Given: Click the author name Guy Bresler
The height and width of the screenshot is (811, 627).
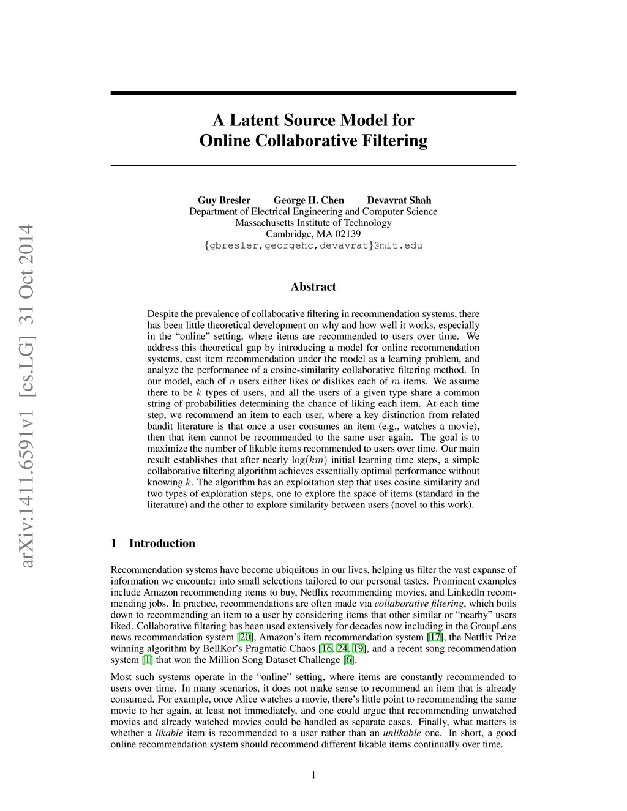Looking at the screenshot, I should (x=223, y=200).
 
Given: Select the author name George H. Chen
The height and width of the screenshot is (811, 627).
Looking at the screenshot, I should (x=309, y=200).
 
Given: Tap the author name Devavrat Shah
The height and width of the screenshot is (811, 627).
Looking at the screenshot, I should (x=399, y=200).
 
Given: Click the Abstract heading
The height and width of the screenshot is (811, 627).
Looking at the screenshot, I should (x=313, y=286).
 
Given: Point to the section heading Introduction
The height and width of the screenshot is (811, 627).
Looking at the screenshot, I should (x=162, y=543).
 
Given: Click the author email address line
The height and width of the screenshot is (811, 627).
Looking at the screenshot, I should (x=313, y=245).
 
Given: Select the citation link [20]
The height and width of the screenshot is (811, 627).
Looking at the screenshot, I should (x=244, y=637).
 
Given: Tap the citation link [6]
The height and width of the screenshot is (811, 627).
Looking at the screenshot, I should (x=348, y=660).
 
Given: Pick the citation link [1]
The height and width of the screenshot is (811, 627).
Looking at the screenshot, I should (x=147, y=660).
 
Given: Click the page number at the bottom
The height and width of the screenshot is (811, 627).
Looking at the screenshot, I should (x=313, y=775).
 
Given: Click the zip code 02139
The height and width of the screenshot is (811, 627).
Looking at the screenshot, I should (x=348, y=234).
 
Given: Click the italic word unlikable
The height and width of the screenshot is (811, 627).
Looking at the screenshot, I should (x=402, y=733).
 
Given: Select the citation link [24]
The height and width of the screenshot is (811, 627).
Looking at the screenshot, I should (x=342, y=649).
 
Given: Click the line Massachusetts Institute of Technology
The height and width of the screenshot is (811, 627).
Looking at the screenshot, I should (x=313, y=223).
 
